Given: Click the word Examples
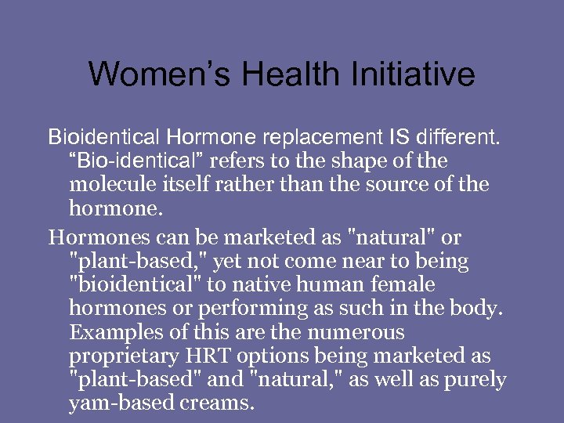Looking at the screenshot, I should (x=111, y=332).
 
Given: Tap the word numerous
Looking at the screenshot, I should (x=356, y=332).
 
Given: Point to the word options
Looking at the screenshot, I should (x=262, y=356).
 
